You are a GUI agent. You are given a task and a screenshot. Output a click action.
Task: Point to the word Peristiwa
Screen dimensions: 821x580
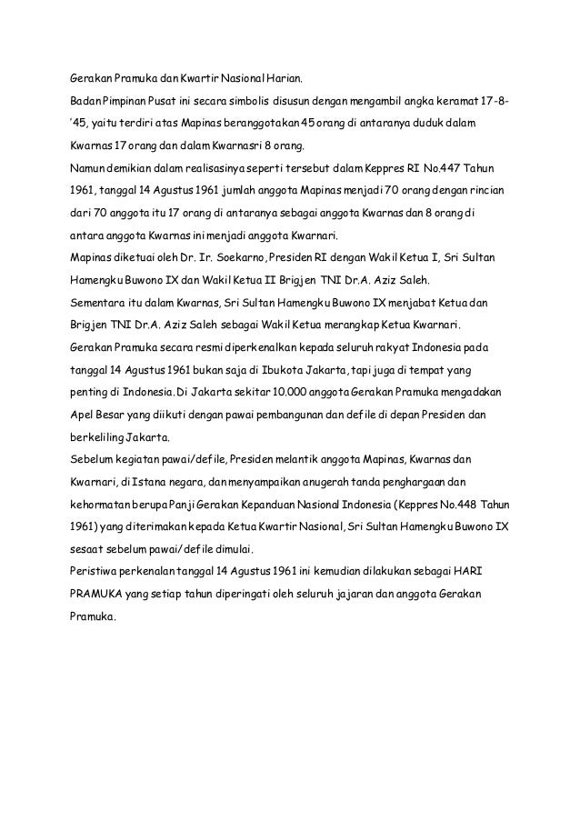tap(97, 572)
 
